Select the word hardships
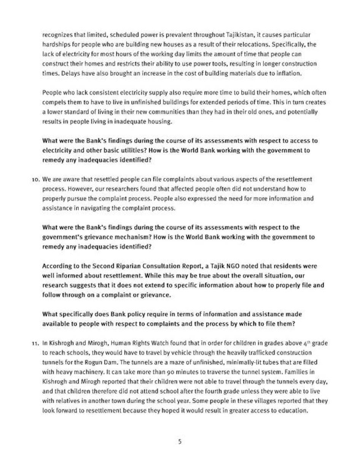(x=55, y=45)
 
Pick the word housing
(x=160, y=122)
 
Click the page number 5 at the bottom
(x=180, y=442)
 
